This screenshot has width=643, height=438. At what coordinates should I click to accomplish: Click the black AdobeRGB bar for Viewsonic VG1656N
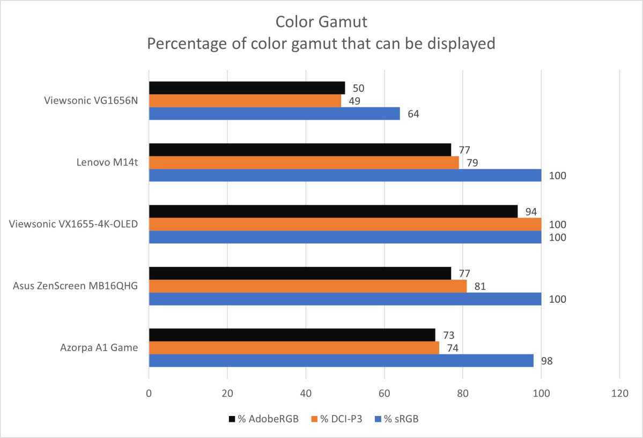[247, 87]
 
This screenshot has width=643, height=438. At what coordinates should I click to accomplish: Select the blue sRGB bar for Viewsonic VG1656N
[274, 114]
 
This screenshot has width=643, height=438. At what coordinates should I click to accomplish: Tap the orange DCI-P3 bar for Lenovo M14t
[304, 163]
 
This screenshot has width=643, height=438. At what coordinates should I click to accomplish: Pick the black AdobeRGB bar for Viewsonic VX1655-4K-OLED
[333, 211]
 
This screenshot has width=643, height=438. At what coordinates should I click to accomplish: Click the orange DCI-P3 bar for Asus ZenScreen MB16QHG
[307, 286]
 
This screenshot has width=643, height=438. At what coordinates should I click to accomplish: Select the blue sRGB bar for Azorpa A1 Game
[341, 361]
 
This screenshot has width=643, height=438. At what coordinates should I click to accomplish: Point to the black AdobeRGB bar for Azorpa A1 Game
[292, 335]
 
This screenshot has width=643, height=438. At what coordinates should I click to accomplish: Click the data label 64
[413, 114]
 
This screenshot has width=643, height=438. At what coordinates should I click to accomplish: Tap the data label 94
[531, 212]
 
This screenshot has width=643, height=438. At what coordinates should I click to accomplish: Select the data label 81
[480, 287]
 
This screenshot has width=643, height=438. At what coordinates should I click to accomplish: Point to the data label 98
[546, 361]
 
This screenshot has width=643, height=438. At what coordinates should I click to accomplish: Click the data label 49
[354, 101]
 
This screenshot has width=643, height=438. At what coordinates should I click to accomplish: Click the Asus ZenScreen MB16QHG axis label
[76, 286]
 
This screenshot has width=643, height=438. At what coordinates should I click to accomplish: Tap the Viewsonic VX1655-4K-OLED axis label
[73, 224]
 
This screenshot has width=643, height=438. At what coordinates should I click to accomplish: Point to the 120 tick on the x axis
[619, 393]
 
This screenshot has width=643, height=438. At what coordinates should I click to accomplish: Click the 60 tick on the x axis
[384, 393]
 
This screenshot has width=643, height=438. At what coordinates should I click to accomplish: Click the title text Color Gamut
[321, 22]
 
